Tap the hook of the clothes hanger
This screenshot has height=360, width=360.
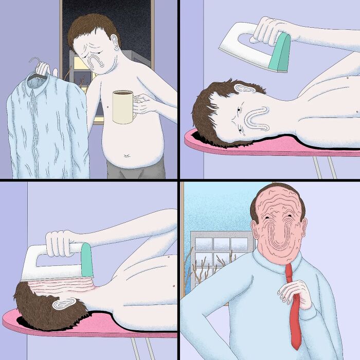[35, 64]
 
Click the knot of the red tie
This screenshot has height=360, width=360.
[290, 269]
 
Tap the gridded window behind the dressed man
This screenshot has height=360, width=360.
[221, 249]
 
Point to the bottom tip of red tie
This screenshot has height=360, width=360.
[296, 347]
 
